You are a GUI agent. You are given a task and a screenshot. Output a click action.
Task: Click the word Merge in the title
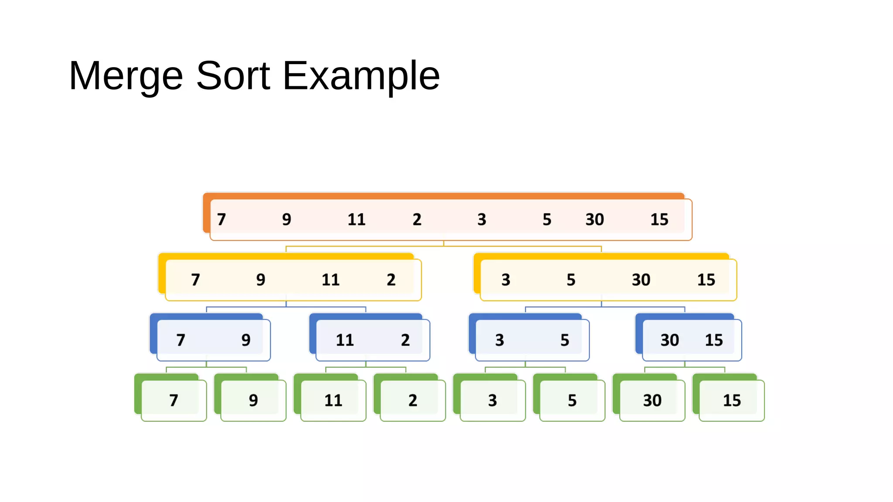[x=126, y=76]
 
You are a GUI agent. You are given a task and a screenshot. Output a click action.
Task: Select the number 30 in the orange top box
[x=594, y=219]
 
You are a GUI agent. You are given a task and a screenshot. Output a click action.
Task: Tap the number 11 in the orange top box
[x=356, y=219]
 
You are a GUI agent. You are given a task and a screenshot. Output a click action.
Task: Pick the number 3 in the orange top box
[x=481, y=219]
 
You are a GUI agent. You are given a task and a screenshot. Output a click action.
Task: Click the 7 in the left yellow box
[x=195, y=279]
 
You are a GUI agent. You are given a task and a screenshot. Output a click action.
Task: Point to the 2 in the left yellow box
[x=391, y=279]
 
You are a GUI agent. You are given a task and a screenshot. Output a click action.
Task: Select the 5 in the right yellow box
[x=571, y=279]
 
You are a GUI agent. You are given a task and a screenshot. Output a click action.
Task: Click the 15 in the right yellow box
[x=706, y=279]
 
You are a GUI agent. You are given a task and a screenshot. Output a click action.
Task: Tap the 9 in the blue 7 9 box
[x=246, y=340]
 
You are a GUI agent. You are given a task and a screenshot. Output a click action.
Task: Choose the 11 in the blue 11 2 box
[x=344, y=340]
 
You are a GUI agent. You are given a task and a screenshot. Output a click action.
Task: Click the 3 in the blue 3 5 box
[x=499, y=340]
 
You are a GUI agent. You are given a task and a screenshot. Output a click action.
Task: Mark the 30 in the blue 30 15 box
[x=669, y=340]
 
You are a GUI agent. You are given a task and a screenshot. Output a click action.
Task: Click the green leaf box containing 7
[x=174, y=400]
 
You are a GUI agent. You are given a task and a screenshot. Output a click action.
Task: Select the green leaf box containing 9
[x=253, y=400]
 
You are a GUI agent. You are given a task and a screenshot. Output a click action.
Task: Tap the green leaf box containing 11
[x=333, y=400]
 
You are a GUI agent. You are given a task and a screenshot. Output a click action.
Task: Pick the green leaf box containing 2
[x=412, y=400]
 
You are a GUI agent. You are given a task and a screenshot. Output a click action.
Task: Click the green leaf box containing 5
[x=572, y=400]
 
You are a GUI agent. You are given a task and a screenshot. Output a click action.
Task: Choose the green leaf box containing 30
[x=652, y=400]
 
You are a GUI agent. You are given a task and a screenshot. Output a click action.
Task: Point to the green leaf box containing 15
[x=732, y=400]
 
